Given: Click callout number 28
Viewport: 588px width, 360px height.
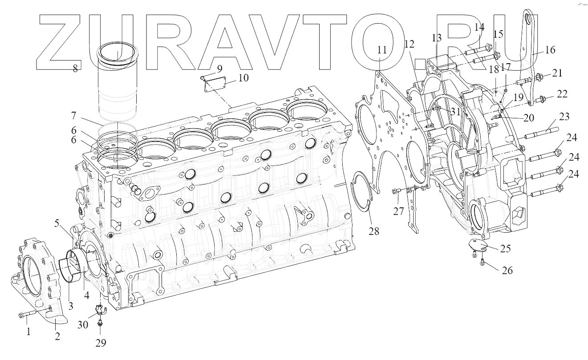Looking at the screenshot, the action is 374,231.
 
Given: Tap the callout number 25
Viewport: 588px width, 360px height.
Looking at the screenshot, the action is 505,248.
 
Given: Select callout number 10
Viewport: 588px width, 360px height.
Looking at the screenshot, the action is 243,78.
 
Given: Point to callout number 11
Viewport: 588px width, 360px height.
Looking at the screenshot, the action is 382,49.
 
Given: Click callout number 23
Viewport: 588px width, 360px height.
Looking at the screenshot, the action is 564,117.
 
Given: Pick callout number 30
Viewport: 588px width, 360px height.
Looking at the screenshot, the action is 83,325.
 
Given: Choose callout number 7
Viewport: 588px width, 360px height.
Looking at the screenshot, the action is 73,115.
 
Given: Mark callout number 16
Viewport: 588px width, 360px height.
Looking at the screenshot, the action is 550,49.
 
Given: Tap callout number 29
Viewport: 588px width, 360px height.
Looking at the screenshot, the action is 101,343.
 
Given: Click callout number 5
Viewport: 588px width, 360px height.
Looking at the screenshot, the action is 57,223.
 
